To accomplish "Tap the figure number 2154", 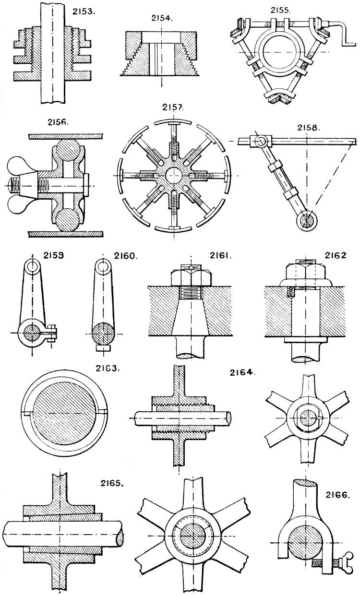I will (x=161, y=19).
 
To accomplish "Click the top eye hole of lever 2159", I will (x=32, y=266).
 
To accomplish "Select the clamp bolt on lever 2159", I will (x=52, y=332).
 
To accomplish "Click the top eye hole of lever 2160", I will (x=102, y=266).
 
